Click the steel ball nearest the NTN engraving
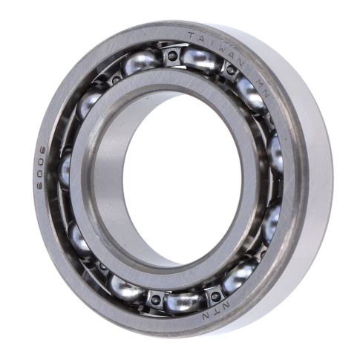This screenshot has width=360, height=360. [x=240, y=276]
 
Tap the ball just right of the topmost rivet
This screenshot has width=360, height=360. [x=199, y=59]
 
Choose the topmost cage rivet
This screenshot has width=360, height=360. [x=171, y=55]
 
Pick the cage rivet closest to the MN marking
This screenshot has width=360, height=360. [x=231, y=71]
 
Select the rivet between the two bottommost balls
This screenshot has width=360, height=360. [x=156, y=298]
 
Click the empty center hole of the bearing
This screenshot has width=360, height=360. [x=182, y=178]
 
